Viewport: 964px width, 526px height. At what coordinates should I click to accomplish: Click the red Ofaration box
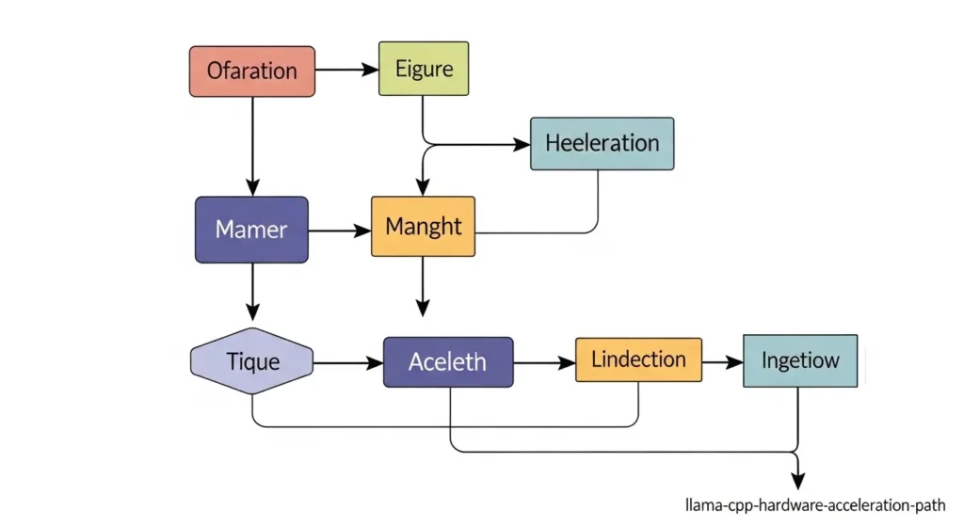click(x=251, y=71)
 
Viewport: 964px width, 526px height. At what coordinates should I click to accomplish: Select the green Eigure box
click(x=423, y=69)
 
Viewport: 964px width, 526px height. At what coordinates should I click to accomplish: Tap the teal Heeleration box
click(x=602, y=143)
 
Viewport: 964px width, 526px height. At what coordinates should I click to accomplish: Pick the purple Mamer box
click(x=251, y=229)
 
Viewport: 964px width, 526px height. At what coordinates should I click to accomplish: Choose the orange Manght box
click(x=423, y=227)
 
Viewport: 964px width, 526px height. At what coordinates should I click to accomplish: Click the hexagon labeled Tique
click(x=252, y=360)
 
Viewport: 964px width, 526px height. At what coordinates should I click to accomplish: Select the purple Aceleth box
click(x=448, y=361)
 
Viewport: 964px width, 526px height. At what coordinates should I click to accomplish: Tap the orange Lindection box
click(x=638, y=359)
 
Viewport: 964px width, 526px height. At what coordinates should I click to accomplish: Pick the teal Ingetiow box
click(x=800, y=360)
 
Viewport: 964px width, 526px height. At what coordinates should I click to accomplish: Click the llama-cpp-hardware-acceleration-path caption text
click(x=815, y=504)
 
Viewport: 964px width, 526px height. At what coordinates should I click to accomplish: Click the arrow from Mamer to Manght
click(x=339, y=230)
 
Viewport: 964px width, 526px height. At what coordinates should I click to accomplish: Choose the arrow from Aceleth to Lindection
click(x=544, y=361)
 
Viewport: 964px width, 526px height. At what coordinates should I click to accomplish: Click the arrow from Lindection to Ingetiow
click(x=721, y=361)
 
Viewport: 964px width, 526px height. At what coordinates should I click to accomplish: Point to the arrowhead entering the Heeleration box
click(x=522, y=145)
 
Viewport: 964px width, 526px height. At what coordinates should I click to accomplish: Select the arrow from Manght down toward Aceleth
click(x=423, y=287)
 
